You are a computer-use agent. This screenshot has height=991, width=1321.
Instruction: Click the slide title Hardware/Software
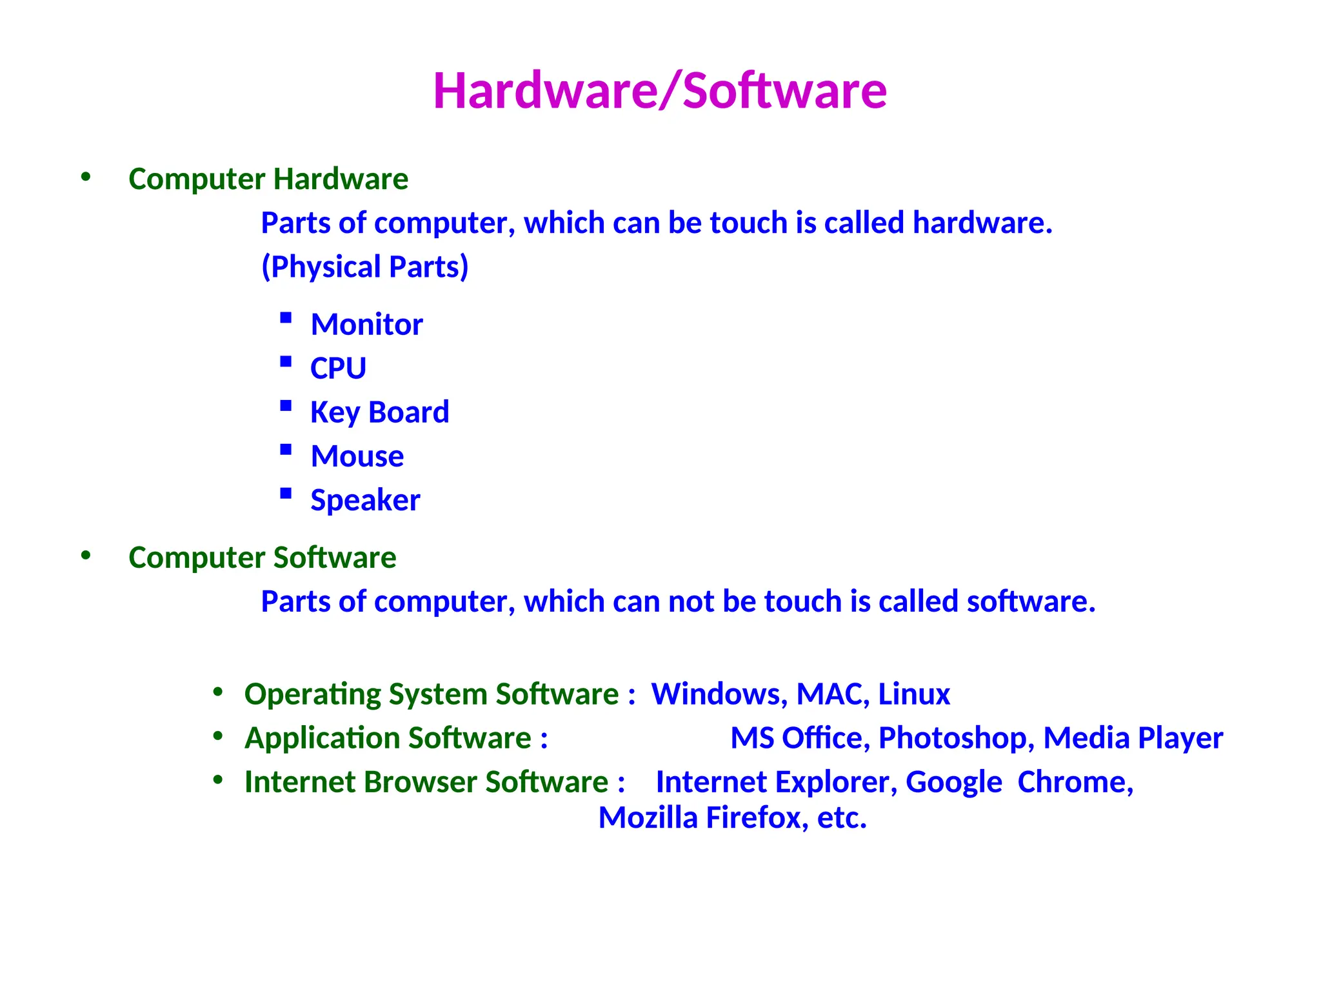pyautogui.click(x=660, y=90)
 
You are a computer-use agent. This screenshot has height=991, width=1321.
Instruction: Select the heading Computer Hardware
pyautogui.click(x=268, y=179)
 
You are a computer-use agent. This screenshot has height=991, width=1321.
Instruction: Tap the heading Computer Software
pyautogui.click(x=262, y=557)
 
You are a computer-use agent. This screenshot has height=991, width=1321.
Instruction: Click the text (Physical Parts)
pyautogui.click(x=364, y=266)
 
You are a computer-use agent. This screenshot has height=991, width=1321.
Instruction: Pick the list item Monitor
pyautogui.click(x=366, y=324)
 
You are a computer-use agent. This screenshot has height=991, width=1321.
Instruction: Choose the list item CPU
pyautogui.click(x=338, y=368)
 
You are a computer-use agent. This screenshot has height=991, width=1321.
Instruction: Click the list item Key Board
pyautogui.click(x=379, y=412)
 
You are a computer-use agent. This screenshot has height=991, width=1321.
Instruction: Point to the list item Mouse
pyautogui.click(x=357, y=456)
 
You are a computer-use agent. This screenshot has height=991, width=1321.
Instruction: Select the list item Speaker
pyautogui.click(x=365, y=500)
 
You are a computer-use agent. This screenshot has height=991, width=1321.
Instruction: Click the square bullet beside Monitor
pyautogui.click(x=286, y=317)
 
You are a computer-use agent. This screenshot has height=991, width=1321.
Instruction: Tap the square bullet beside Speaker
pyautogui.click(x=286, y=494)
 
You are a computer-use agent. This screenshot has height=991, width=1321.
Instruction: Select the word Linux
pyautogui.click(x=913, y=694)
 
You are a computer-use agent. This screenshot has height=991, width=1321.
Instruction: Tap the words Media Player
pyautogui.click(x=1133, y=738)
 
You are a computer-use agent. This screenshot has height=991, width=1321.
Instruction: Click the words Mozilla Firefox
pyautogui.click(x=700, y=818)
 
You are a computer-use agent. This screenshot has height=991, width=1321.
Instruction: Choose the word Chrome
pyautogui.click(x=1075, y=782)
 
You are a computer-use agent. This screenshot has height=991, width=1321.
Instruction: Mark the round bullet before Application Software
pyautogui.click(x=218, y=736)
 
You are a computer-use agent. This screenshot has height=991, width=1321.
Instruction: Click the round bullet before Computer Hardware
pyautogui.click(x=86, y=177)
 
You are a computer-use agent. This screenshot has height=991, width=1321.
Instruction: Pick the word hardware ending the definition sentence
pyautogui.click(x=982, y=223)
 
